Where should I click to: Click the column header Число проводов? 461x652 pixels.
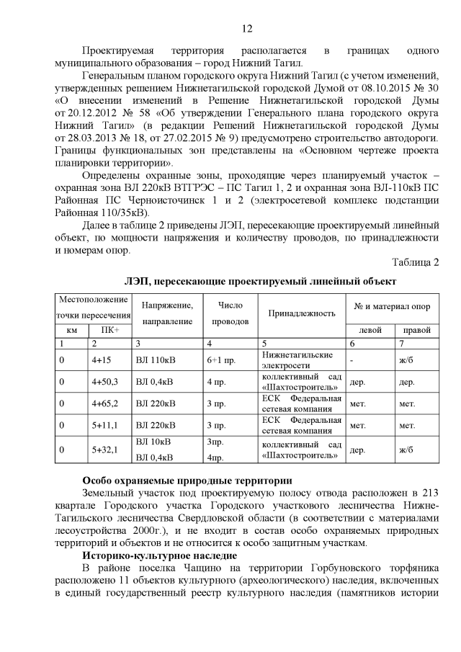[230, 313]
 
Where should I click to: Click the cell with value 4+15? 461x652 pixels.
[101, 360]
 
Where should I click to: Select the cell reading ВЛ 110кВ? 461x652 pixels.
[154, 360]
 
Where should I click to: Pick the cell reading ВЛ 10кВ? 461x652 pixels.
[151, 441]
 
